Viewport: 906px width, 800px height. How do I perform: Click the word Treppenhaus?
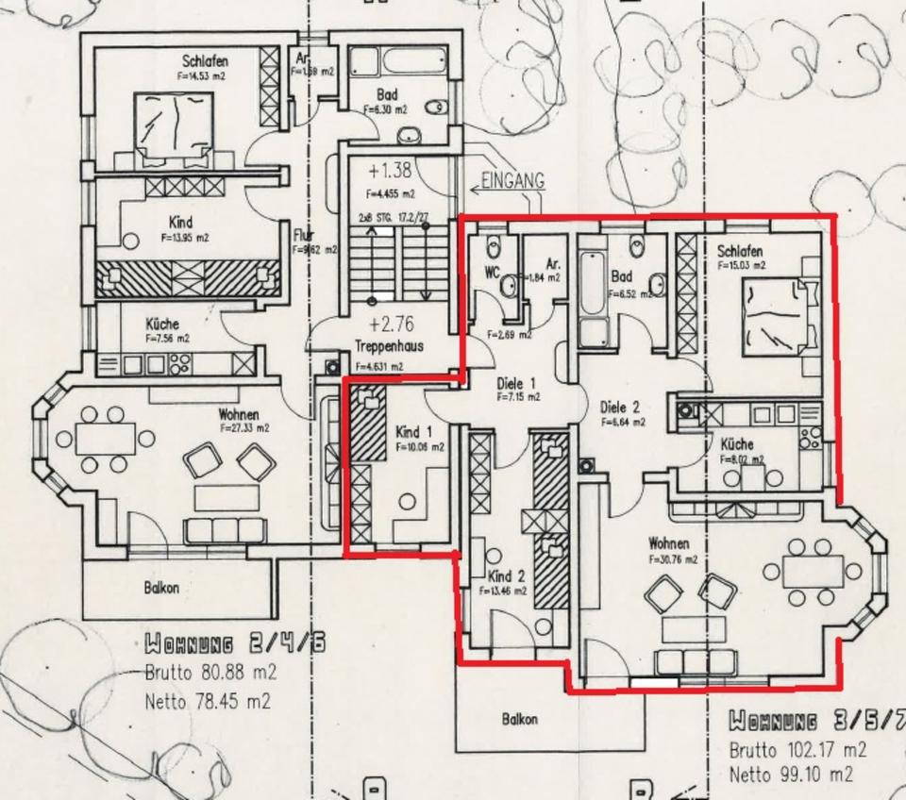coord(389,345)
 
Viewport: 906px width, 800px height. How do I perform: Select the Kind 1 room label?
coord(414,431)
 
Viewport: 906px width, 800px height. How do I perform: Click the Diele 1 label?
coord(516,383)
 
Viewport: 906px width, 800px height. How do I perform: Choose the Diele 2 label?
coord(620,408)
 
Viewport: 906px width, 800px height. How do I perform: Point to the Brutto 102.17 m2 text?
coord(797,751)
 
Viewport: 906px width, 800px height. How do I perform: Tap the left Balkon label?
coord(161,587)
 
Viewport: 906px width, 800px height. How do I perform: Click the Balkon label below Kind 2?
coord(520,719)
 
